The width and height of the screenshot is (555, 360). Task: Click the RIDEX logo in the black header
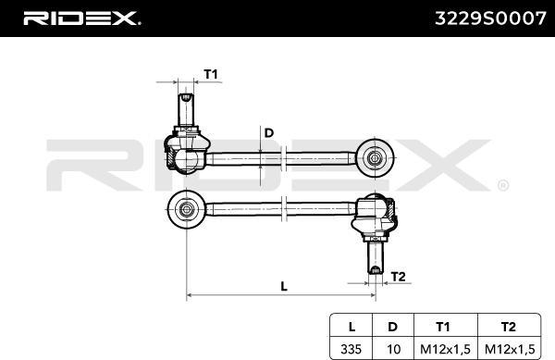81,19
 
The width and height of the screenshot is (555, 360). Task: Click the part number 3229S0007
490,19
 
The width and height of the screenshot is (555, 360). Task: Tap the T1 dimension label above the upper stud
211,74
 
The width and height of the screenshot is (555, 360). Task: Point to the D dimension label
269,133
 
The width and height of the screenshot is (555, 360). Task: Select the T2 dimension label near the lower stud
398,277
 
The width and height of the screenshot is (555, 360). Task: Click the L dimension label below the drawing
284,286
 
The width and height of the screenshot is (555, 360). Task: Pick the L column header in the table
351,327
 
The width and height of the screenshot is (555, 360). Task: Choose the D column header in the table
392,327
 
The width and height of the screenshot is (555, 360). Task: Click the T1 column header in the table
443,327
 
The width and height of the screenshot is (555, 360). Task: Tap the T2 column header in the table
508,327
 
